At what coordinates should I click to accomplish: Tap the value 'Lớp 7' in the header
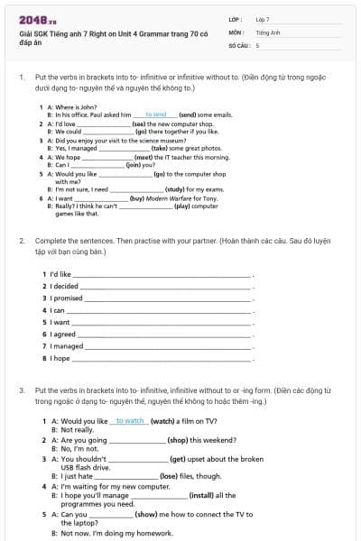tap(263, 19)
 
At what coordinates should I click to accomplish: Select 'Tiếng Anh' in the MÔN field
tap(264, 32)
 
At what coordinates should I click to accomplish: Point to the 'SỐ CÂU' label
tap(240, 44)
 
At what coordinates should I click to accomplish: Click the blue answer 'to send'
tap(155, 115)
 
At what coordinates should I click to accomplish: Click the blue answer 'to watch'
tap(130, 421)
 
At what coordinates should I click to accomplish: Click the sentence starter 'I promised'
tap(67, 298)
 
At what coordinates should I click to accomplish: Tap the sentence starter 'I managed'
tap(67, 346)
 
